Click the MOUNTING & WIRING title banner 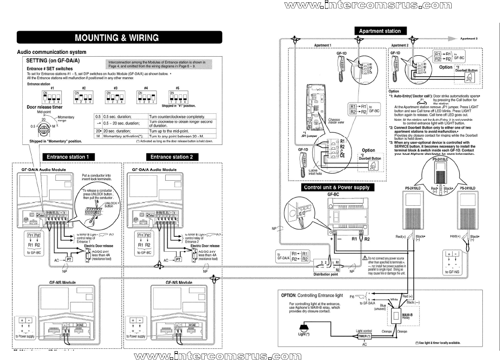tap(117, 38)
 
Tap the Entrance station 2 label tap(171, 157)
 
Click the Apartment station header tap(380, 31)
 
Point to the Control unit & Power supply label tap(337, 187)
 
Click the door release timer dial tap(44, 126)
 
